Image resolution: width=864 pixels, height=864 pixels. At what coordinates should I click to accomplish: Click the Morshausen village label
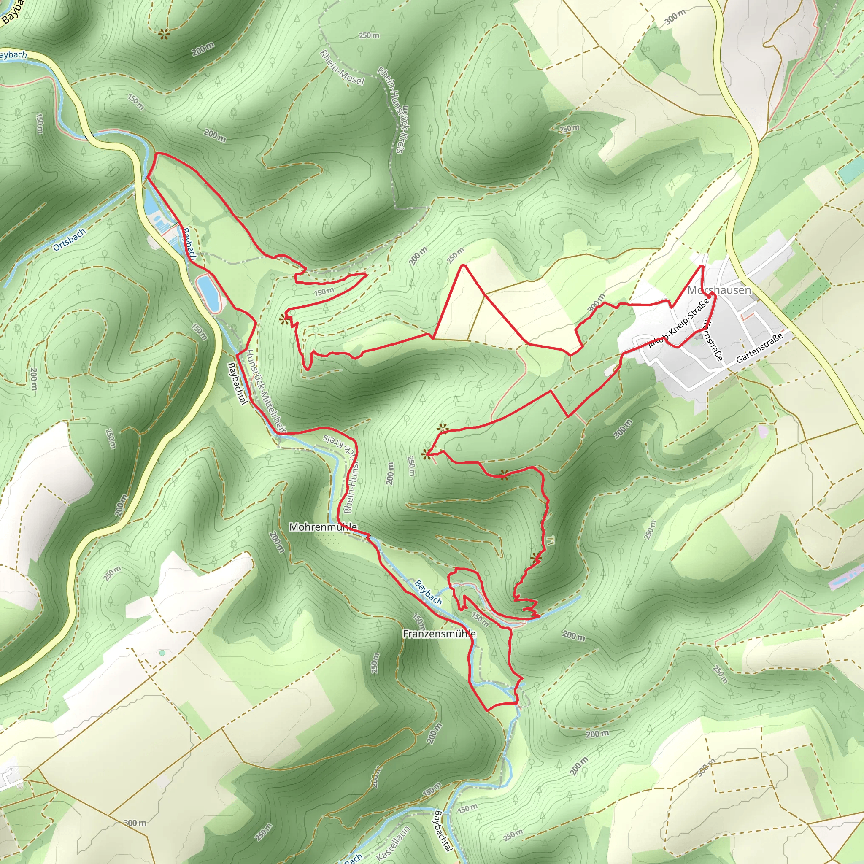(x=719, y=290)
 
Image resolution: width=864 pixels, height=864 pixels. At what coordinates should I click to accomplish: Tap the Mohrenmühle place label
(x=323, y=527)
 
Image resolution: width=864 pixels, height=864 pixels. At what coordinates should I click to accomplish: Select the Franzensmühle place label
(x=439, y=634)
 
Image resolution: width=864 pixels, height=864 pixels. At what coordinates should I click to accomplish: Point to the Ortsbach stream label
(x=69, y=240)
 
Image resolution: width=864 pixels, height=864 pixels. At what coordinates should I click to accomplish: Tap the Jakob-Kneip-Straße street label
(x=678, y=323)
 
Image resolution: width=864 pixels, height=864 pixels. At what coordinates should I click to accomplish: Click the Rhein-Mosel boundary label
(x=342, y=67)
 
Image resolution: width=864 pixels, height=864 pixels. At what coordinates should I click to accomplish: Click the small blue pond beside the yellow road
(x=208, y=293)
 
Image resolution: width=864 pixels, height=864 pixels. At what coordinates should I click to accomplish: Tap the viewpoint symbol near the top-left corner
(x=164, y=32)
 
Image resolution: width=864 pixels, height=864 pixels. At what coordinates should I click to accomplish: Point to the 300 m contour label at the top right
(x=675, y=16)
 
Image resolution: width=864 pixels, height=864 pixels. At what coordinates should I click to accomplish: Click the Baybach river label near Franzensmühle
(x=428, y=593)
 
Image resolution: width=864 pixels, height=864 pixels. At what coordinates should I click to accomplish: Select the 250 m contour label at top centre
(x=370, y=35)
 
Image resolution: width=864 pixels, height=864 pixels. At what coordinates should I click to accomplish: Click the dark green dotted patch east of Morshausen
(x=807, y=297)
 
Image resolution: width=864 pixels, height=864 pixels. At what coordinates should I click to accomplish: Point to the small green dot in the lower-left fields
(x=162, y=653)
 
